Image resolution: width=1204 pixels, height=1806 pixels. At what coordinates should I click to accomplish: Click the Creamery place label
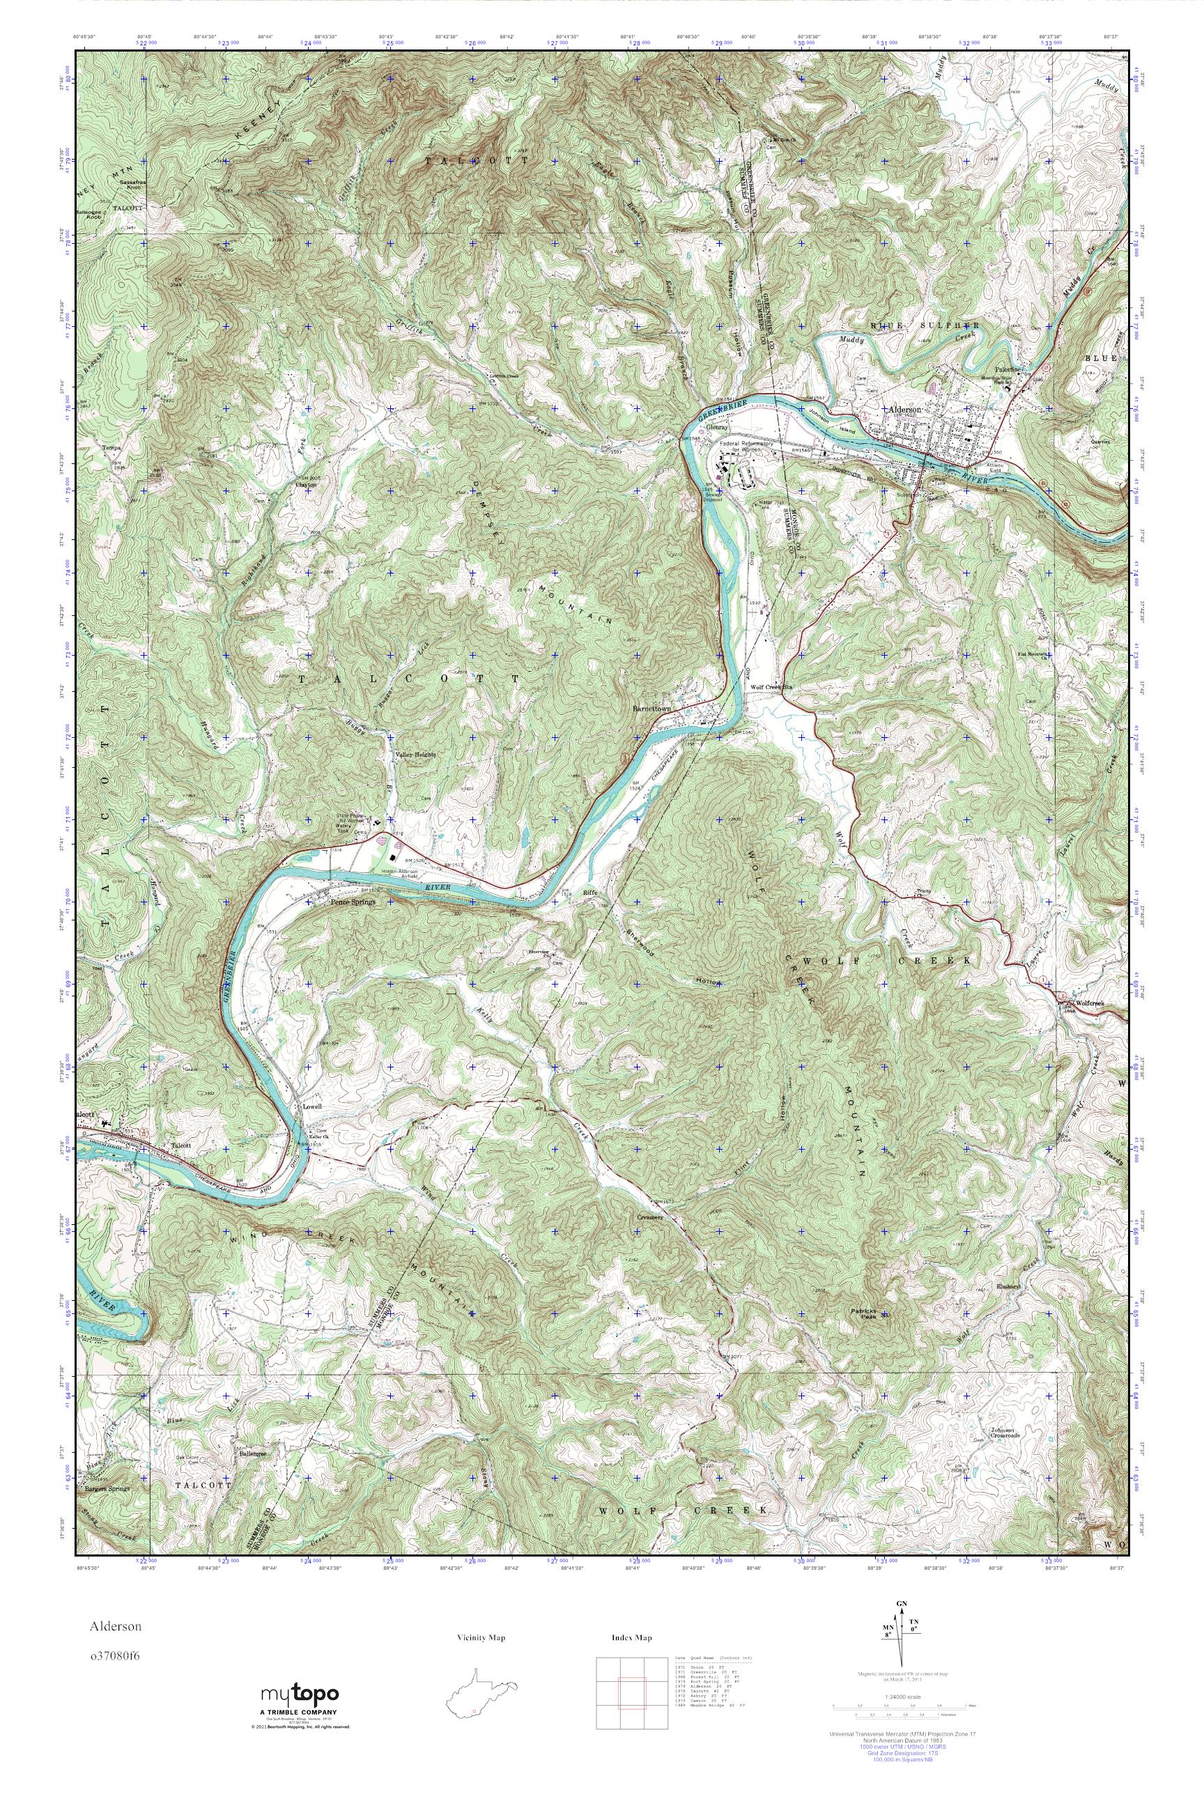649,1218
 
